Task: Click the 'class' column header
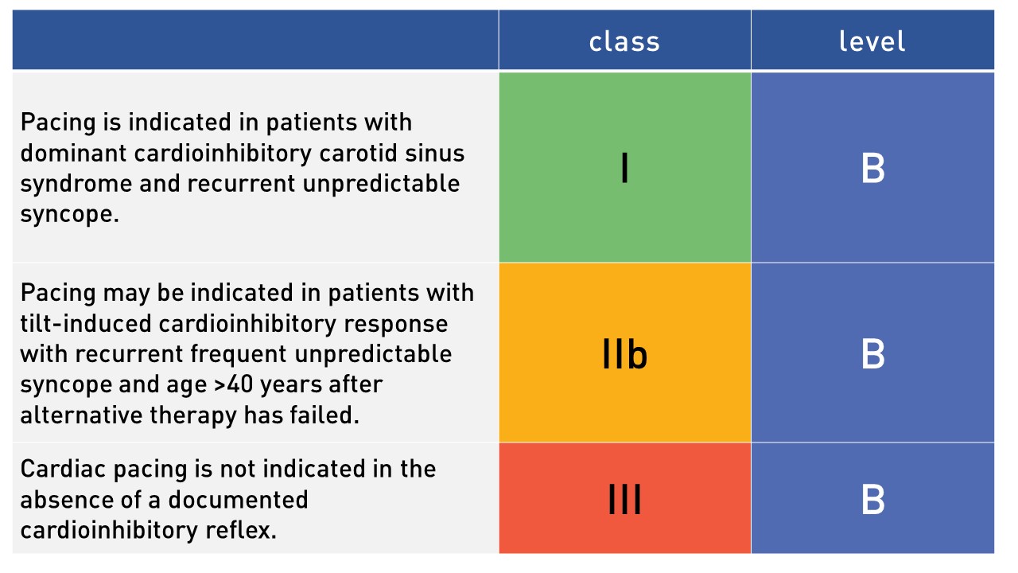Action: pyautogui.click(x=624, y=42)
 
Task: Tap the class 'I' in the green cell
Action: pyautogui.click(x=625, y=168)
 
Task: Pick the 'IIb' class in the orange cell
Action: pyautogui.click(x=624, y=354)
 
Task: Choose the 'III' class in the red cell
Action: pyautogui.click(x=624, y=499)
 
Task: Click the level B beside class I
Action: pyautogui.click(x=873, y=168)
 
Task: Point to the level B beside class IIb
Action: pyautogui.click(x=873, y=354)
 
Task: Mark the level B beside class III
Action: pyautogui.click(x=873, y=499)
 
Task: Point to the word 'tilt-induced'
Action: pyautogui.click(x=86, y=323)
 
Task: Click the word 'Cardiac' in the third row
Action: pyautogui.click(x=63, y=469)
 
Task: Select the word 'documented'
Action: pyautogui.click(x=238, y=500)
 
